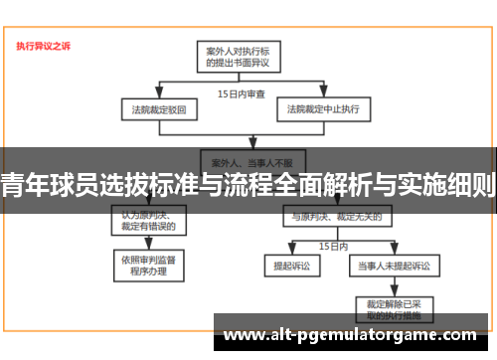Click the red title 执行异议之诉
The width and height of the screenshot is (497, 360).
tap(43, 46)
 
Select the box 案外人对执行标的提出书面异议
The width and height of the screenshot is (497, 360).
tap(240, 55)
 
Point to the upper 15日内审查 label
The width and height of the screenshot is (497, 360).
tap(242, 93)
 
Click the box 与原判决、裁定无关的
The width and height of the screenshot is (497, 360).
tap(328, 214)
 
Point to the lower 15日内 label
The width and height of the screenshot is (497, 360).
tap(332, 245)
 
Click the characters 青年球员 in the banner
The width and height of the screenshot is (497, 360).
tap(41, 185)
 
